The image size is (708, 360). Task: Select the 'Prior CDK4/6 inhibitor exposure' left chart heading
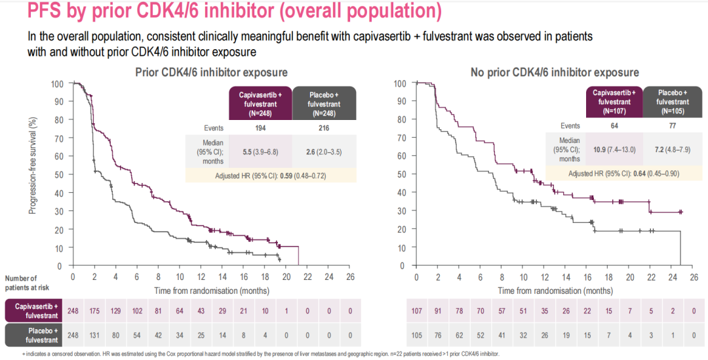pos(211,72)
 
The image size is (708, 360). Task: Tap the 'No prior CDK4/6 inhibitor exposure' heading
pos(555,72)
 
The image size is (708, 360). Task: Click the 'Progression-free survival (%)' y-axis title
pos(32,165)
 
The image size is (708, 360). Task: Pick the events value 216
pos(323,128)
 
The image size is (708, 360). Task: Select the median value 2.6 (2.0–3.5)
pos(323,151)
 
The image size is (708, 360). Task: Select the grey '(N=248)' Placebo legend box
pos(324,104)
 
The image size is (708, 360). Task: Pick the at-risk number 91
pos(438,310)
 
